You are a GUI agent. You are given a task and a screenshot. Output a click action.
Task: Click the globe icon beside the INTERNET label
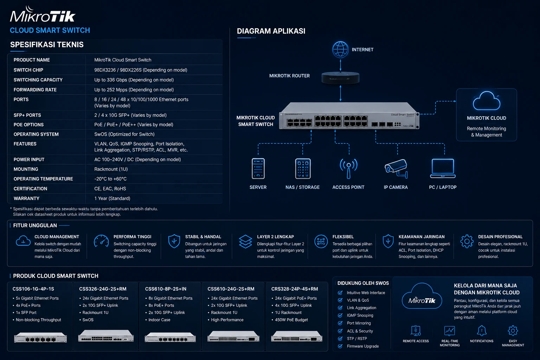pyautogui.click(x=340, y=50)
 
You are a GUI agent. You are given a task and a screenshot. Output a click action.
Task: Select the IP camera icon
pyautogui.click(x=396, y=168)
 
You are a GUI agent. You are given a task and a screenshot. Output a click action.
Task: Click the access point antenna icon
pyautogui.click(x=349, y=168)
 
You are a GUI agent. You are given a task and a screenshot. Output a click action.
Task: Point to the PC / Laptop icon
pyautogui.click(x=443, y=168)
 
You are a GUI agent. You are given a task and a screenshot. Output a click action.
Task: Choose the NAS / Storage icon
pyautogui.click(x=303, y=168)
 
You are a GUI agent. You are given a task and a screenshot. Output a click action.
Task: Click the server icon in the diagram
pyautogui.click(x=258, y=168)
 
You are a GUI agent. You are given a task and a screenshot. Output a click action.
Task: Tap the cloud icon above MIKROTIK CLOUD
pyautogui.click(x=487, y=101)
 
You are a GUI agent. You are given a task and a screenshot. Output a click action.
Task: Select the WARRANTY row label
pyautogui.click(x=26, y=198)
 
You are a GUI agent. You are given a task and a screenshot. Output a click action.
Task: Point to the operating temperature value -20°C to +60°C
pyautogui.click(x=110, y=179)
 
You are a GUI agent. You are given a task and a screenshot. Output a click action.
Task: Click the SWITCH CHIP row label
pyautogui.click(x=28, y=70)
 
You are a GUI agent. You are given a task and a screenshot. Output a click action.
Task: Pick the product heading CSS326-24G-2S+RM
pyautogui.click(x=103, y=289)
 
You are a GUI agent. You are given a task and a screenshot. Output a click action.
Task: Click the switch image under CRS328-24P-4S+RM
pyautogui.click(x=297, y=336)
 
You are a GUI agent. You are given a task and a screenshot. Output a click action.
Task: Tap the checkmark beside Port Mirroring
pyautogui.click(x=340, y=323)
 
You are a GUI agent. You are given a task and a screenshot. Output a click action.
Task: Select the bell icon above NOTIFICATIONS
pyautogui.click(x=482, y=330)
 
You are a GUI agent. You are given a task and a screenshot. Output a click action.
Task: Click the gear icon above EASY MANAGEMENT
pyautogui.click(x=513, y=330)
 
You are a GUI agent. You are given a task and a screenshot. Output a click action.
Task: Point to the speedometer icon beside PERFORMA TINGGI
pyautogui.click(x=101, y=241)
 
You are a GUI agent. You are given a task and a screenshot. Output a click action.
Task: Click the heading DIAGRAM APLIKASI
pyautogui.click(x=271, y=31)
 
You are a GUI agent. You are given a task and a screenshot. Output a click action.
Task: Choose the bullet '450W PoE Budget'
pyautogui.click(x=291, y=320)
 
